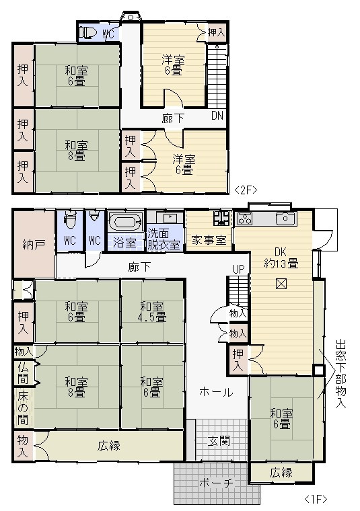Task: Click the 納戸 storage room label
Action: pos(34,245)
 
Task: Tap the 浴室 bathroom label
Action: pos(125,243)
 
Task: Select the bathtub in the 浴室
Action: pos(125,223)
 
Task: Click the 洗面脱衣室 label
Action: pos(164,239)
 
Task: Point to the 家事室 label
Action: pos(209,241)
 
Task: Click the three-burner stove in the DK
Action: pos(244,219)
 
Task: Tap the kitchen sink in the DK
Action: pos(286,219)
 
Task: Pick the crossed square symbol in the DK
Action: pos(281,284)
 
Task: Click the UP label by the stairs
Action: pos(238,269)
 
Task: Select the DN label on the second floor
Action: pos(217,116)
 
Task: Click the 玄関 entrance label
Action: pos(219,441)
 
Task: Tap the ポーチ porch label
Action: pos(217,483)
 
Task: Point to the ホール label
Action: pos(216,392)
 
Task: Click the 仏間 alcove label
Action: pos(23,373)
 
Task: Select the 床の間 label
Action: pos(23,408)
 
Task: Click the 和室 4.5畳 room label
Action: pos(153,312)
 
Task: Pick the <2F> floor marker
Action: pos(246,190)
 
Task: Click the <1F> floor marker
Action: pos(316,499)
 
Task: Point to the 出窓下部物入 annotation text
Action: pos(340,374)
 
